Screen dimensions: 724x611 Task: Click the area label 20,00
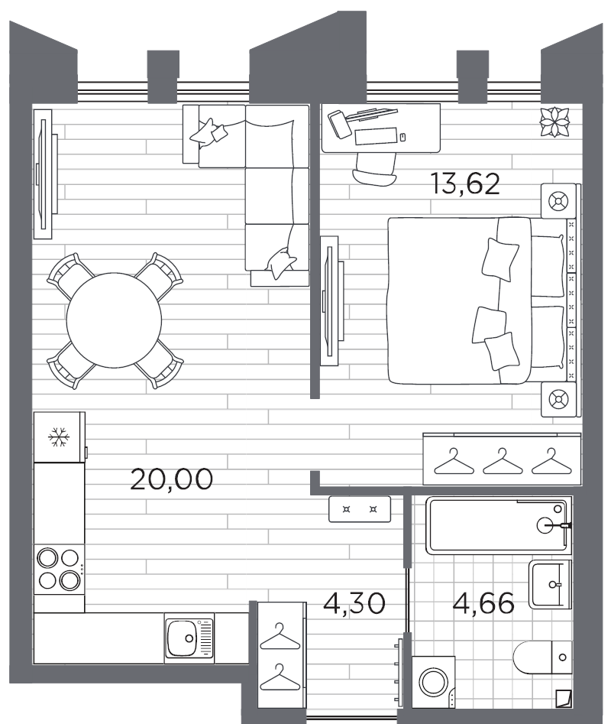171,479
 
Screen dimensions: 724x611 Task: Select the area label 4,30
352,602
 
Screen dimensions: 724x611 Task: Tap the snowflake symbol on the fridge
58,438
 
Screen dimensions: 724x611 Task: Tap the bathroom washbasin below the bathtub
550,584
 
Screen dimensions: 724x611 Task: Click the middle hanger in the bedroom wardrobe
501,460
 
